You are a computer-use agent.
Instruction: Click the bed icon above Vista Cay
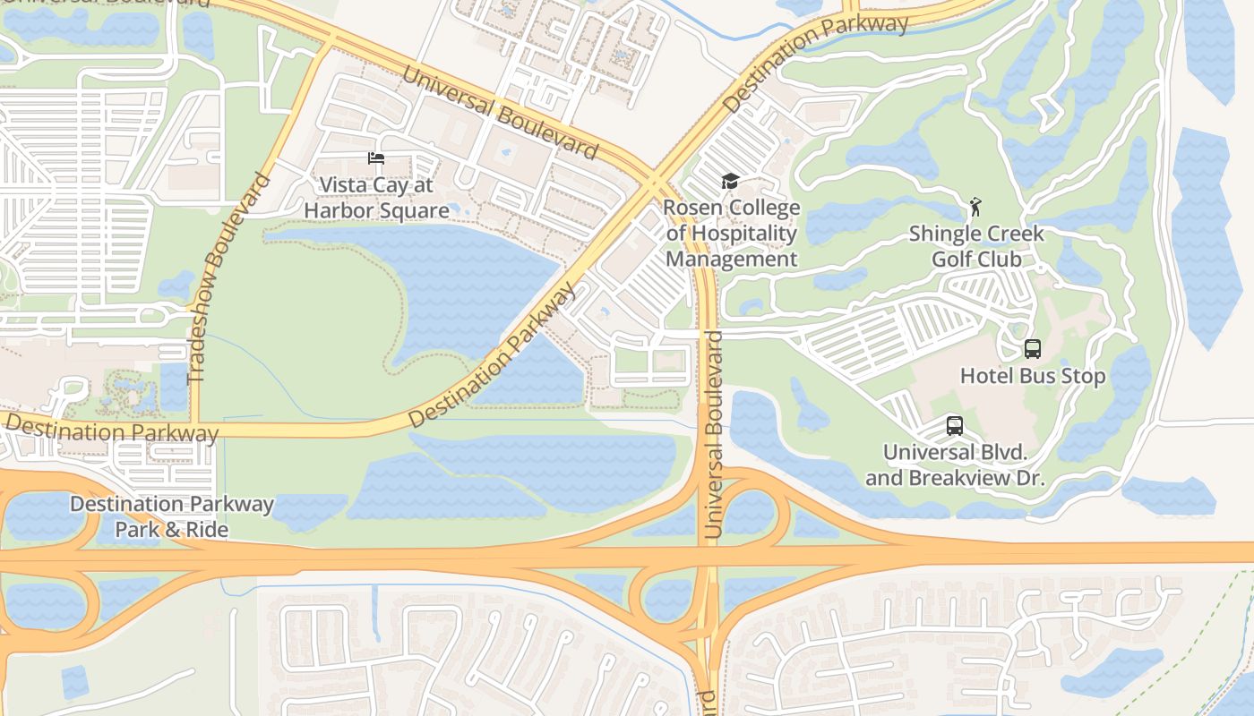pyautogui.click(x=376, y=158)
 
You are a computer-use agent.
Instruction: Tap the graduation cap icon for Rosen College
pyautogui.click(x=730, y=182)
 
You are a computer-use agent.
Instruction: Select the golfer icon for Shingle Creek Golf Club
pyautogui.click(x=975, y=208)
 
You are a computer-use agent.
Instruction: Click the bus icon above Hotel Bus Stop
pyautogui.click(x=1033, y=349)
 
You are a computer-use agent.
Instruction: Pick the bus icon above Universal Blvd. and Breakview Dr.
pyautogui.click(x=955, y=426)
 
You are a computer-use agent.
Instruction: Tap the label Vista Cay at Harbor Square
pyautogui.click(x=376, y=198)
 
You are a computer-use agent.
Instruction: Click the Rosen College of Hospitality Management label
pyautogui.click(x=732, y=234)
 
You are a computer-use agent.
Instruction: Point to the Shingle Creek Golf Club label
pyautogui.click(x=976, y=246)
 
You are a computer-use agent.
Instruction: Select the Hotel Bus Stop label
pyautogui.click(x=1033, y=376)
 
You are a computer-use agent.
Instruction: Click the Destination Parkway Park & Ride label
pyautogui.click(x=172, y=516)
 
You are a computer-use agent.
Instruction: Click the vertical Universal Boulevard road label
pyautogui.click(x=714, y=434)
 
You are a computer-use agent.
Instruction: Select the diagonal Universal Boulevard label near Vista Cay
pyautogui.click(x=498, y=111)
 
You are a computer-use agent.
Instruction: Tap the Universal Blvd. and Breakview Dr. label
pyautogui.click(x=955, y=465)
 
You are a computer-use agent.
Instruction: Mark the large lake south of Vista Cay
pyautogui.click(x=466, y=286)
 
